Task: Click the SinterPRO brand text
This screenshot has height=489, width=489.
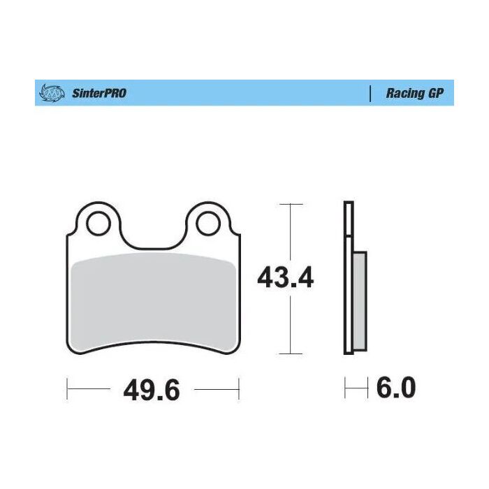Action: (x=99, y=93)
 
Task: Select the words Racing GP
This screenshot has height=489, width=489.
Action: (x=415, y=93)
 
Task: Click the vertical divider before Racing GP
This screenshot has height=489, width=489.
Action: (x=369, y=93)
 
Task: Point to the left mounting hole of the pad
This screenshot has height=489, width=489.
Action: (x=98, y=224)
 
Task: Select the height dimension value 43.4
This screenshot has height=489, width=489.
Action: (x=286, y=277)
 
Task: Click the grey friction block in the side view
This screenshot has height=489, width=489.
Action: (x=358, y=300)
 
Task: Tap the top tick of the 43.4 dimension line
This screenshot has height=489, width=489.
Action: (x=291, y=204)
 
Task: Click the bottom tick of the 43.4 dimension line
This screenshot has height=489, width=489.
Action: (x=291, y=353)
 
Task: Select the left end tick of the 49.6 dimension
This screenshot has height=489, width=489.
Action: (x=66, y=388)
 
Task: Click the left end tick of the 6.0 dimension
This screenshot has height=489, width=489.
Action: (x=345, y=388)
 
